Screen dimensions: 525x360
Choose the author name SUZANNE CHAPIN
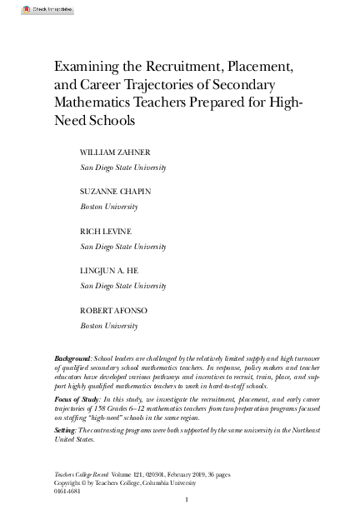point(115,192)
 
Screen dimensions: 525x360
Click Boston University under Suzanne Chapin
point(107,206)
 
